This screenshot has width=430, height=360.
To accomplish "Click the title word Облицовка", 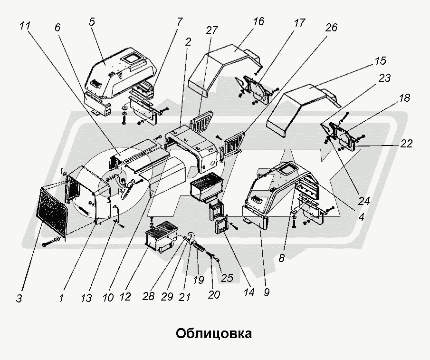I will click(x=214, y=333).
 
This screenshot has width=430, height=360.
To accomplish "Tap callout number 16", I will click(x=259, y=22).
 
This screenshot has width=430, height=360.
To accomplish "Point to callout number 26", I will click(x=331, y=28).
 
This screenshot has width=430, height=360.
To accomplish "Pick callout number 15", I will click(x=380, y=61).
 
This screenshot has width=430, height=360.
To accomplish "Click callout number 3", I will click(x=19, y=299).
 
